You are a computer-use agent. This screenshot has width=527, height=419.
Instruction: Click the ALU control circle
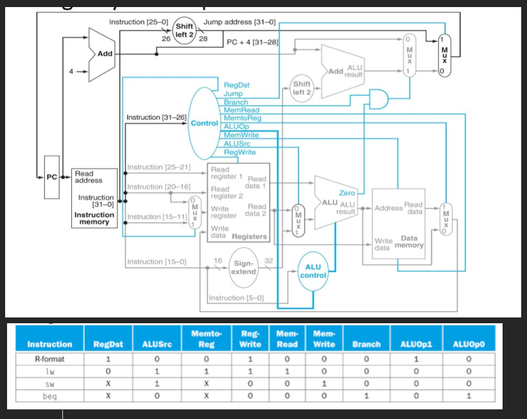point(314,271)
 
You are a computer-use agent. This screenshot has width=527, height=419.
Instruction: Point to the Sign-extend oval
point(244,267)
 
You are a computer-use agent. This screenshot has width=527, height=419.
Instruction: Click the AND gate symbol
point(379,98)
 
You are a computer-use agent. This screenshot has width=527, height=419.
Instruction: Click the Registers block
point(237,203)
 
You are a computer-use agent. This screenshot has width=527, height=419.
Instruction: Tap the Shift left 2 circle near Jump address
point(185,30)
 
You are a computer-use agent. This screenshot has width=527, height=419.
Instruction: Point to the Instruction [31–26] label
point(156,118)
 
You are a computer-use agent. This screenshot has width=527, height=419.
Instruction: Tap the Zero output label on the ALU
point(347,193)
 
